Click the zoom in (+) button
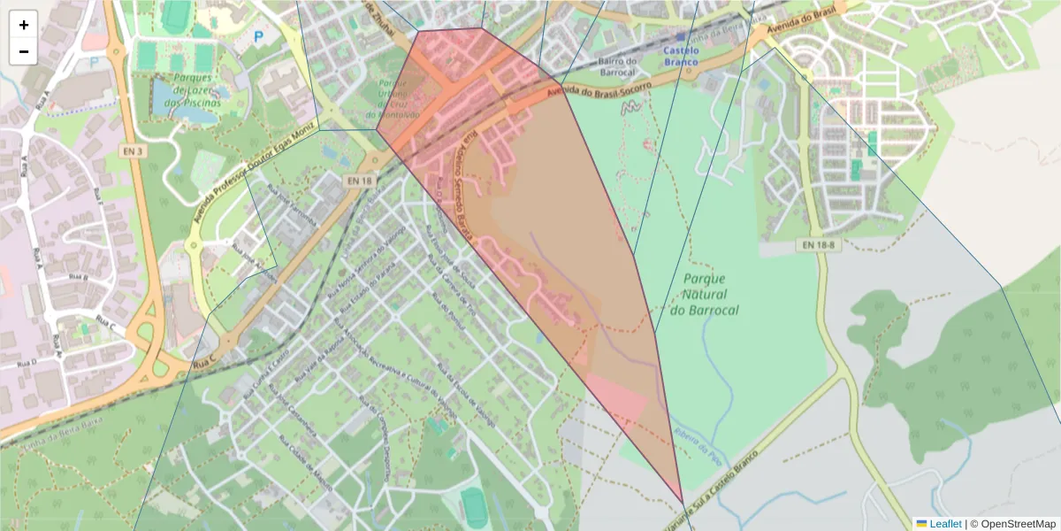coord(24,25)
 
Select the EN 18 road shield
coord(360,181)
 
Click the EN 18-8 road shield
coord(815,243)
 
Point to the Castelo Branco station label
coord(681,57)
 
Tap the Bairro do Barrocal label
coord(617,66)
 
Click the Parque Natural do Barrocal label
coord(704,294)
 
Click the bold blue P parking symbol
coord(259,37)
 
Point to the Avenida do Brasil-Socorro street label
coord(599,89)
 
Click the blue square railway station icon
coord(680,37)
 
